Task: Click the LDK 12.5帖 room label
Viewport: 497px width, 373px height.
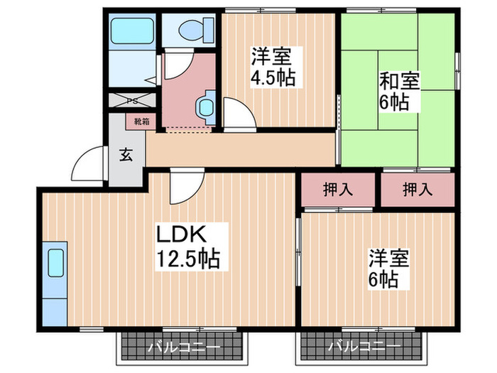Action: (188, 246)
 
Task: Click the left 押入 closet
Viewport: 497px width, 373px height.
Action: (337, 190)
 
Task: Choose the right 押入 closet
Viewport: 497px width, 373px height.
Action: (417, 190)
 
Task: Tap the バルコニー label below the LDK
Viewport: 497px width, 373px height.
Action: (184, 348)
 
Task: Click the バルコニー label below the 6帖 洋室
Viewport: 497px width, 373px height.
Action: (364, 348)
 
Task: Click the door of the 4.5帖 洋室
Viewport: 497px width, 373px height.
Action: (234, 114)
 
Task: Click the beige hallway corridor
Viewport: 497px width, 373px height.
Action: (241, 150)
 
